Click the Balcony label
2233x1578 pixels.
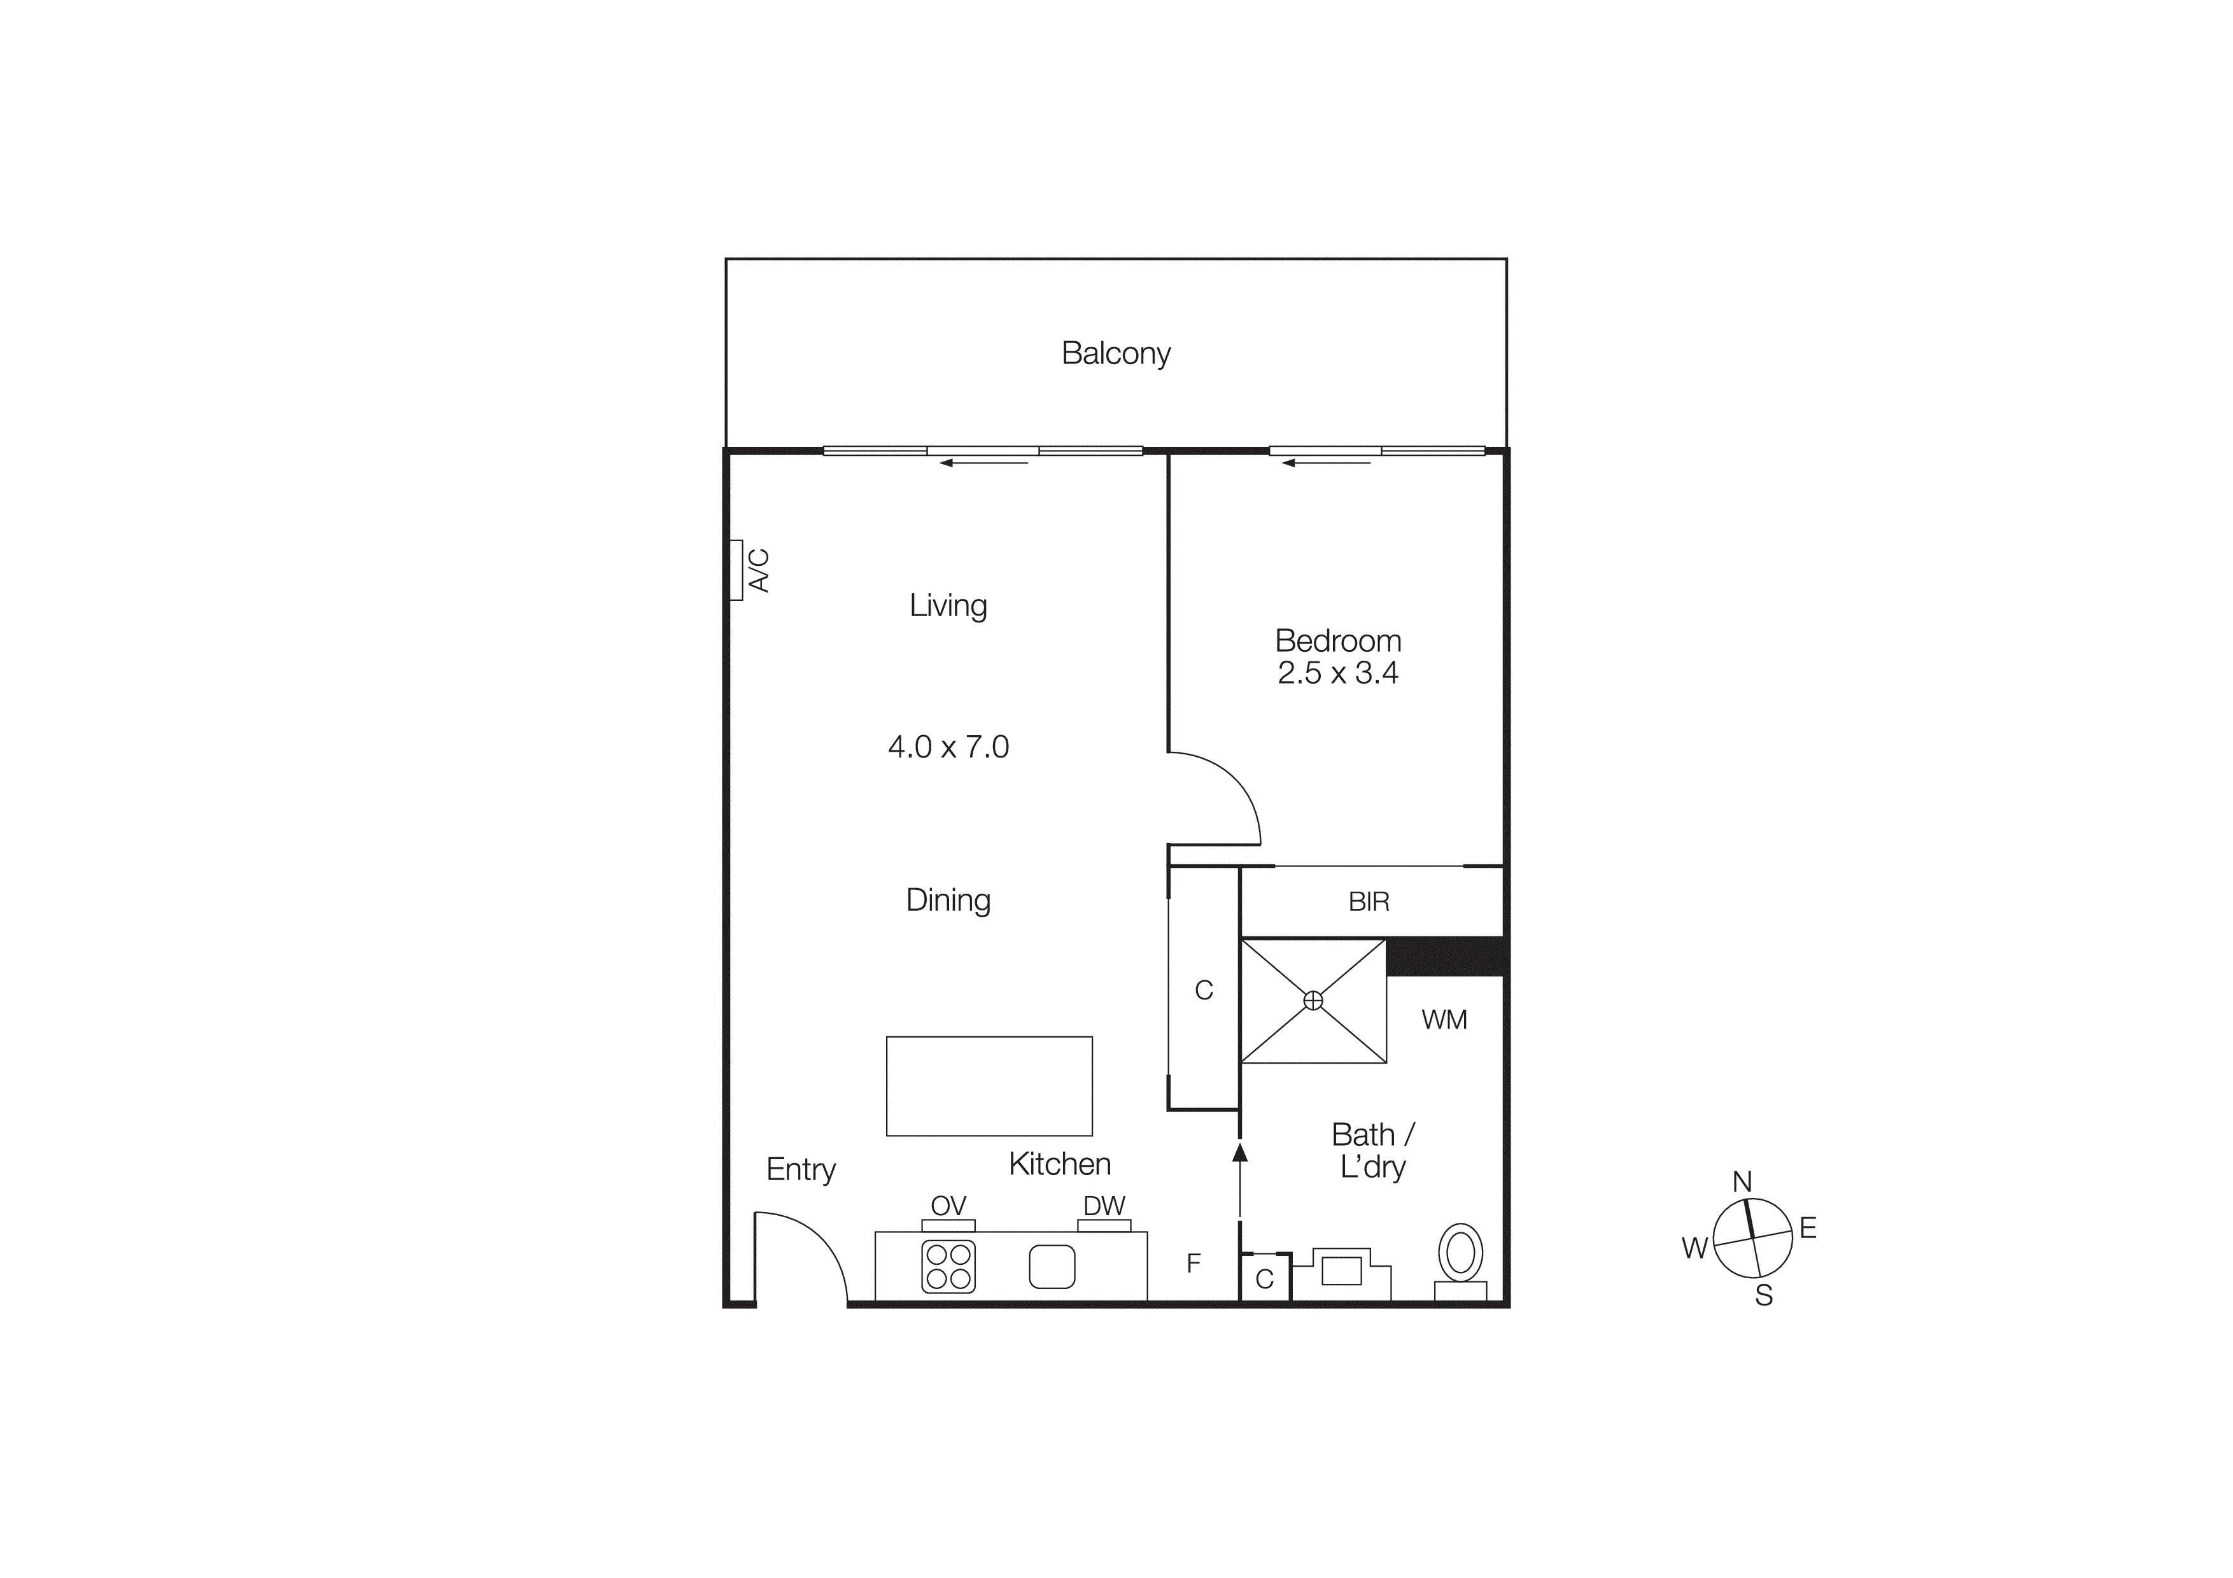click(x=1115, y=353)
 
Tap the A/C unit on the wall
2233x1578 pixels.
click(x=737, y=571)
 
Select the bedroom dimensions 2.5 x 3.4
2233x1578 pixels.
click(x=1337, y=673)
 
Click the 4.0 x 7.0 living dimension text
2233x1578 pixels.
click(x=948, y=747)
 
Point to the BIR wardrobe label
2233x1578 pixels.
click(x=1369, y=901)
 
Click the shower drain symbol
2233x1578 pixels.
click(x=1313, y=1001)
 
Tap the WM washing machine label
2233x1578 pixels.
click(x=1443, y=1020)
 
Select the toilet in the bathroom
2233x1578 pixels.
click(x=1460, y=1253)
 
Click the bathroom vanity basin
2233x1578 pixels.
click(x=1341, y=1271)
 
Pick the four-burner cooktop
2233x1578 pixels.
click(x=948, y=1267)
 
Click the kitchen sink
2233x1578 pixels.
click(x=1052, y=1267)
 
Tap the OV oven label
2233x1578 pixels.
click(x=948, y=1206)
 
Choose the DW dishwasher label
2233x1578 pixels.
click(x=1104, y=1206)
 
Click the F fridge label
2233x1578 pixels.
click(x=1194, y=1263)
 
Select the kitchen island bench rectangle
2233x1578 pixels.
click(x=989, y=1086)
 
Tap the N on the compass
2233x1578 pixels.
click(x=1742, y=1181)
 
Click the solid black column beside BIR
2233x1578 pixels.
click(x=1446, y=957)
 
